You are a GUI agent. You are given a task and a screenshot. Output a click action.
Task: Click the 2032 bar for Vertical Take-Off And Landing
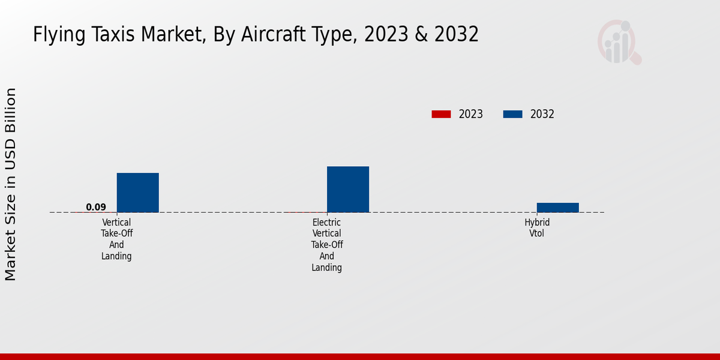[x=137, y=193]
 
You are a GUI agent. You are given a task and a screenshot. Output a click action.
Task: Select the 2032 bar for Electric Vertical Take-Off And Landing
[x=348, y=189]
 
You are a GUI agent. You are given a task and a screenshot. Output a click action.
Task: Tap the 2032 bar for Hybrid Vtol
[x=558, y=208]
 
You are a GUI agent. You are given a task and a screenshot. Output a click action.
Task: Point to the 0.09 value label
[x=96, y=208]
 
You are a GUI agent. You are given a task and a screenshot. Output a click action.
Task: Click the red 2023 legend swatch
[x=441, y=114]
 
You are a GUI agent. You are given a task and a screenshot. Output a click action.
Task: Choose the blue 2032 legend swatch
[x=512, y=114]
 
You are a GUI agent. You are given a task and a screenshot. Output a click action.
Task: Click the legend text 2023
[x=471, y=114]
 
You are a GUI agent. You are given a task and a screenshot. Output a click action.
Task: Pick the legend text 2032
[x=542, y=114]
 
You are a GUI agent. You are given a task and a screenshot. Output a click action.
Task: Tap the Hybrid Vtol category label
[x=537, y=228]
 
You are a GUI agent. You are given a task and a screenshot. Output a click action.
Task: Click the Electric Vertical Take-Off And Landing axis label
[x=327, y=245]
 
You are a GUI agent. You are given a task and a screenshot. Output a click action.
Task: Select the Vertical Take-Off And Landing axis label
[x=116, y=239]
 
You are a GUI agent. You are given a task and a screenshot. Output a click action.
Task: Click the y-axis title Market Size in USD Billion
[x=11, y=184]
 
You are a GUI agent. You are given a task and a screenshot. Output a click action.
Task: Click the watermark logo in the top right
[x=619, y=42]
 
